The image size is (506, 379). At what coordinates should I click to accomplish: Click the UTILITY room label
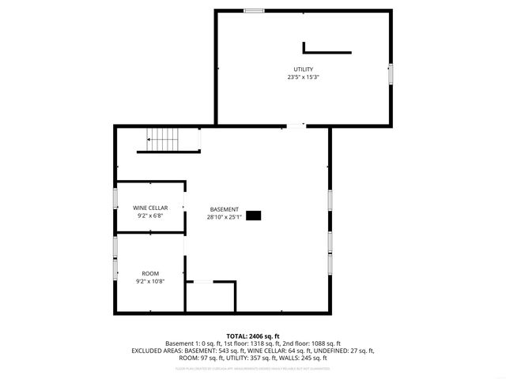(304, 69)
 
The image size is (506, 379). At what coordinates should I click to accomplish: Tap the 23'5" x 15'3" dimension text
(304, 77)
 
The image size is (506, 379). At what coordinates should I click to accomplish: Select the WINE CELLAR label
(150, 207)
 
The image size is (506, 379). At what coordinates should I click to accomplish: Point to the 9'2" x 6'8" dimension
(150, 215)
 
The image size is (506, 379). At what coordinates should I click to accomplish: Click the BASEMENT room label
(225, 209)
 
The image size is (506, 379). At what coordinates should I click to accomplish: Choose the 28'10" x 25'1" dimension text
(225, 217)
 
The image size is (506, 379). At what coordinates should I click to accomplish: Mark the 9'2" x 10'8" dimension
(150, 280)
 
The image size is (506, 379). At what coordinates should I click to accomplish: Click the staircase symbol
(165, 140)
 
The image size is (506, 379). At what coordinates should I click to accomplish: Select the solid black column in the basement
(255, 215)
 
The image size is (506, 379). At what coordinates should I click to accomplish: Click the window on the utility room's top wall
(254, 11)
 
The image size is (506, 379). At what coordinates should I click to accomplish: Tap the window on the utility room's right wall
(391, 73)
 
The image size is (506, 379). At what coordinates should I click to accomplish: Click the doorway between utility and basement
(295, 126)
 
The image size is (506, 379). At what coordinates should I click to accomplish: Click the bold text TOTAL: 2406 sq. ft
(253, 336)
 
